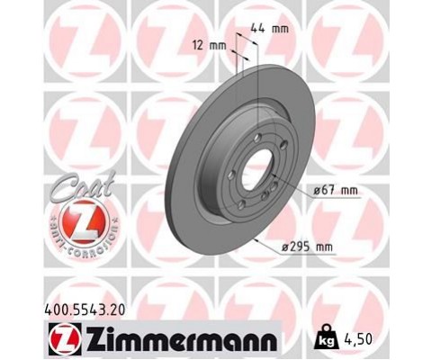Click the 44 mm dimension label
[x=274, y=30]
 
